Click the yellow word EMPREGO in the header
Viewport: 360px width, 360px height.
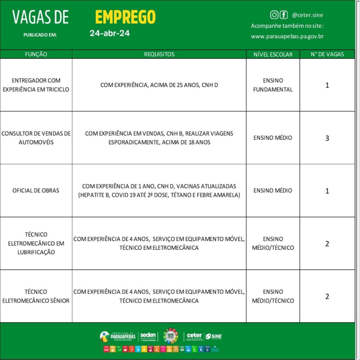pyautogui.click(x=125, y=17)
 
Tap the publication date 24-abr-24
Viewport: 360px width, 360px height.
pyautogui.click(x=109, y=34)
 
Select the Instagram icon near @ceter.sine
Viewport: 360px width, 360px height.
pyautogui.click(x=274, y=15)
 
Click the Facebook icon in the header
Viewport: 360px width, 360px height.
pyautogui.click(x=283, y=15)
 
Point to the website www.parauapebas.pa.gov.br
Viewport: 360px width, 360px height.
pyautogui.click(x=287, y=36)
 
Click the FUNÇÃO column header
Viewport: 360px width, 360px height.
pyautogui.click(x=36, y=54)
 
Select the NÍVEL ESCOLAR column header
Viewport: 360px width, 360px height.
pyautogui.click(x=273, y=54)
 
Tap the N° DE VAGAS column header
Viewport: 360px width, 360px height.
pyautogui.click(x=327, y=54)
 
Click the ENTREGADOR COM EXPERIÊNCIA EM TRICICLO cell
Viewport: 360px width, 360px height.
pyautogui.click(x=36, y=85)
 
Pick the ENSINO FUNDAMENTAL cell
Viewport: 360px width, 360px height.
pyautogui.click(x=273, y=85)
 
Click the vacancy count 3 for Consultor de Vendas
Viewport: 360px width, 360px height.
pyautogui.click(x=327, y=138)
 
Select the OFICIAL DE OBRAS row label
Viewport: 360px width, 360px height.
pyautogui.click(x=36, y=191)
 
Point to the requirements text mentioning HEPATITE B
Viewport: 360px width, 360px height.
pyautogui.click(x=159, y=195)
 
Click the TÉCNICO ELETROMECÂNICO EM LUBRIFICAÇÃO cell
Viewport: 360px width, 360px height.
pyautogui.click(x=36, y=243)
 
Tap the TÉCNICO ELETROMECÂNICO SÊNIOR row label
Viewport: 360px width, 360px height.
pyautogui.click(x=36, y=296)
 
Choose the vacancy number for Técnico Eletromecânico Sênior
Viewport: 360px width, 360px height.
pyautogui.click(x=327, y=296)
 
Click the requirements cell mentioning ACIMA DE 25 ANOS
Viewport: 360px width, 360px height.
pyautogui.click(x=159, y=85)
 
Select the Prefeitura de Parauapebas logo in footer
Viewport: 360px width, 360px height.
pyautogui.click(x=118, y=336)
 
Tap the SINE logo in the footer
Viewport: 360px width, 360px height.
pyautogui.click(x=213, y=336)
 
